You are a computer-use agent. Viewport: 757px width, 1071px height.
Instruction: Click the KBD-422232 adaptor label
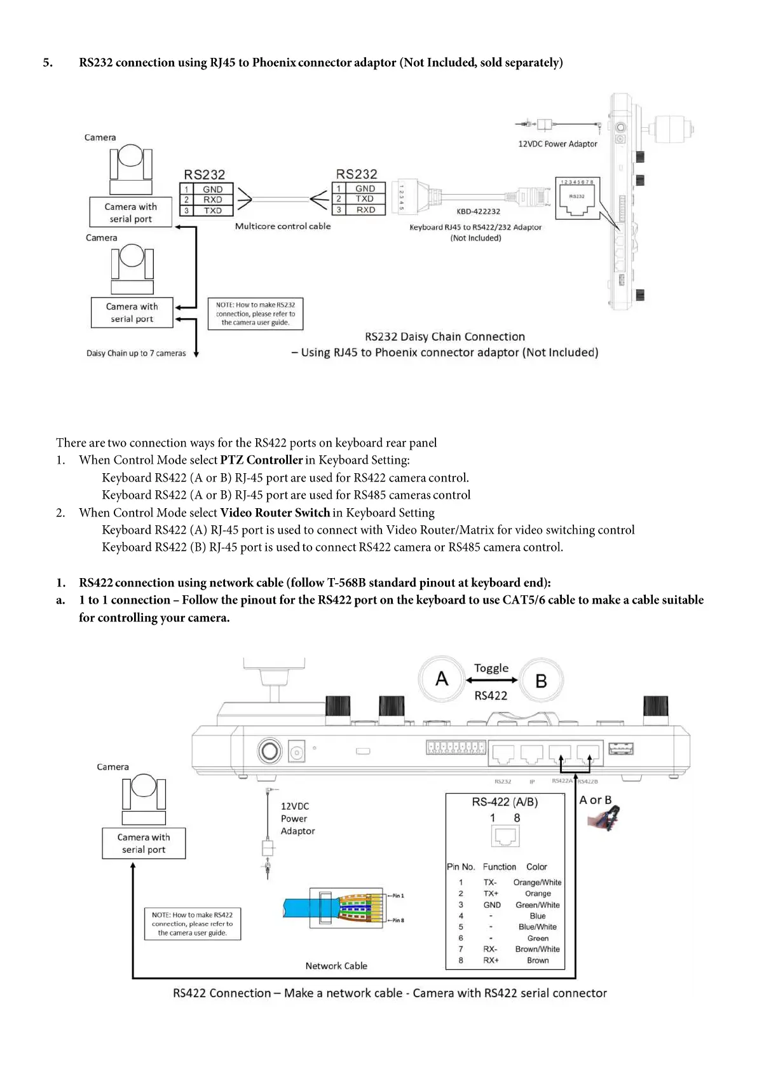pos(478,211)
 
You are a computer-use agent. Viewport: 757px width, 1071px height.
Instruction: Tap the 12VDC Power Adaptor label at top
pos(557,144)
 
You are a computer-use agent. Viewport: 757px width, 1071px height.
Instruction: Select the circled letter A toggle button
pos(442,679)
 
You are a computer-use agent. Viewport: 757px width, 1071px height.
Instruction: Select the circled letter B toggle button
pos(541,681)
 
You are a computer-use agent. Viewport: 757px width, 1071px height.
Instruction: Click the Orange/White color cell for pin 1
pos(537,882)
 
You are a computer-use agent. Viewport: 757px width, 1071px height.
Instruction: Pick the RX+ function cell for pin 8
pos(491,960)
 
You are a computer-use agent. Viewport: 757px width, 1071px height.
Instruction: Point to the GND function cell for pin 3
pos(492,905)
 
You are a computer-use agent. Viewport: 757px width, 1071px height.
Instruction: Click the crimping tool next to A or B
pos(606,819)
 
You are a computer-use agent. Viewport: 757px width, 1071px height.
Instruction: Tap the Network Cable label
pos(336,965)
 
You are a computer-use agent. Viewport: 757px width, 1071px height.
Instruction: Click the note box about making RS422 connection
pos(192,924)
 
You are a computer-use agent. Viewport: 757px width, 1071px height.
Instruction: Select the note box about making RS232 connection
pos(256,314)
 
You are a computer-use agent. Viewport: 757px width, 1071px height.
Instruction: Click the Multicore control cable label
pos(283,226)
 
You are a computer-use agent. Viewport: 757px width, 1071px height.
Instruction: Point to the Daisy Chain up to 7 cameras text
pos(136,353)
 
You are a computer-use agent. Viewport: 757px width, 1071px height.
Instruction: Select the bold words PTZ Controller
pos(261,460)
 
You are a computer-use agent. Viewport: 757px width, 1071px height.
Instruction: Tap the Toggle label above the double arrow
pos(491,668)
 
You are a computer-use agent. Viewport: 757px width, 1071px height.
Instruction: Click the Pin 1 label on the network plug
pos(397,895)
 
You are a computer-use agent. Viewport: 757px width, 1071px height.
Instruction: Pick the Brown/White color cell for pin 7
pos(537,949)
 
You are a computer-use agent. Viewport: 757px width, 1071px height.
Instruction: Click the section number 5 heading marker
pos(48,62)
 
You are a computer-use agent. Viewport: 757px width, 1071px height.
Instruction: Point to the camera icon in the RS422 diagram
pos(144,799)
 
